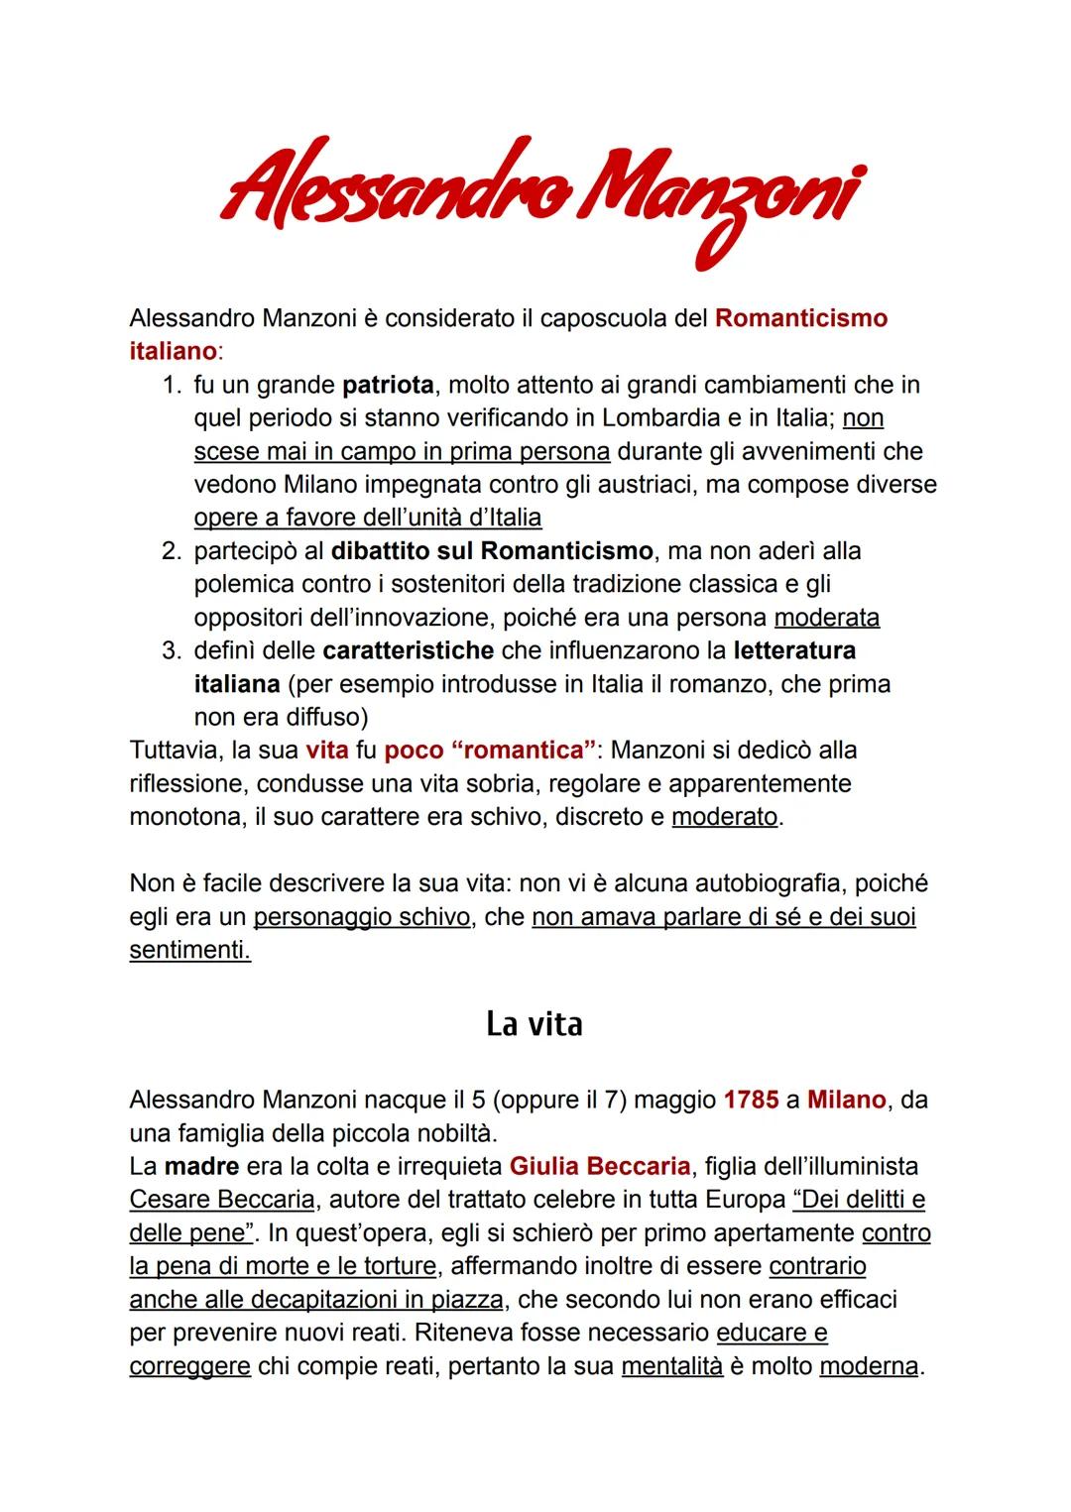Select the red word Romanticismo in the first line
point(800,318)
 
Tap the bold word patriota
point(388,385)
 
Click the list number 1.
point(171,385)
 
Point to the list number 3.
point(171,650)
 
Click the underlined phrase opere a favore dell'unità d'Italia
point(368,518)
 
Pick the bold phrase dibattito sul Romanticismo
point(492,550)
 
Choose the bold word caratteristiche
point(408,650)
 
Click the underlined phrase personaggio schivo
point(361,916)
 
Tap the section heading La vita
point(534,1024)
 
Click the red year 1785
point(751,1100)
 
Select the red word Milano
point(846,1100)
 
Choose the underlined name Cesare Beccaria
point(221,1200)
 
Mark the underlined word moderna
point(869,1366)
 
